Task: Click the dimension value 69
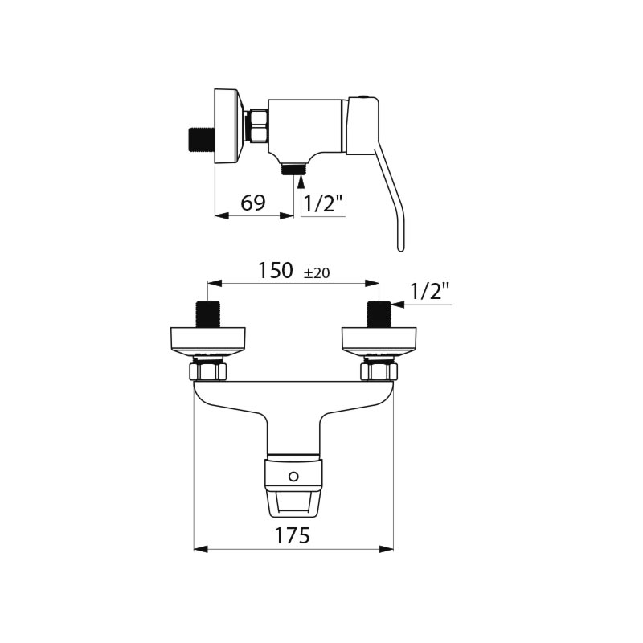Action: click(253, 203)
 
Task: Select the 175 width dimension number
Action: click(292, 535)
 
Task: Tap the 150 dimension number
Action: click(276, 270)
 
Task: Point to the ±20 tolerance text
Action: click(317, 273)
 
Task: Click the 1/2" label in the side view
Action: click(323, 203)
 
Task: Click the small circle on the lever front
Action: click(293, 477)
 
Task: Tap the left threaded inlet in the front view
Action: click(209, 314)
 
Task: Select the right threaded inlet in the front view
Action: click(379, 314)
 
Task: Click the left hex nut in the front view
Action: click(208, 372)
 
